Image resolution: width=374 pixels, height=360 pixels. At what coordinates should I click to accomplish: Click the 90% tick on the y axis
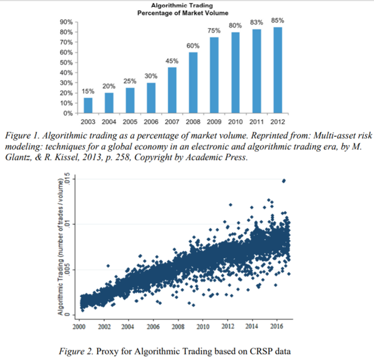pyautogui.click(x=65, y=22)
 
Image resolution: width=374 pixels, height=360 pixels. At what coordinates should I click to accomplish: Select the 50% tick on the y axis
pyautogui.click(x=65, y=63)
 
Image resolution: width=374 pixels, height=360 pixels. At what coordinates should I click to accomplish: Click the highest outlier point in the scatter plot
pyautogui.click(x=284, y=181)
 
